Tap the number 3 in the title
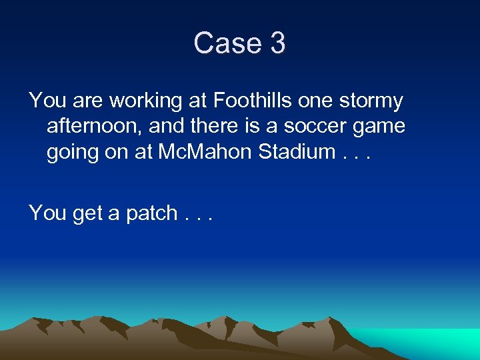tap(278, 43)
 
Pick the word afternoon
tap(93, 127)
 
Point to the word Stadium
tap(295, 151)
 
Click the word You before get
tap(46, 213)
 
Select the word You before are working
tap(46, 101)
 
